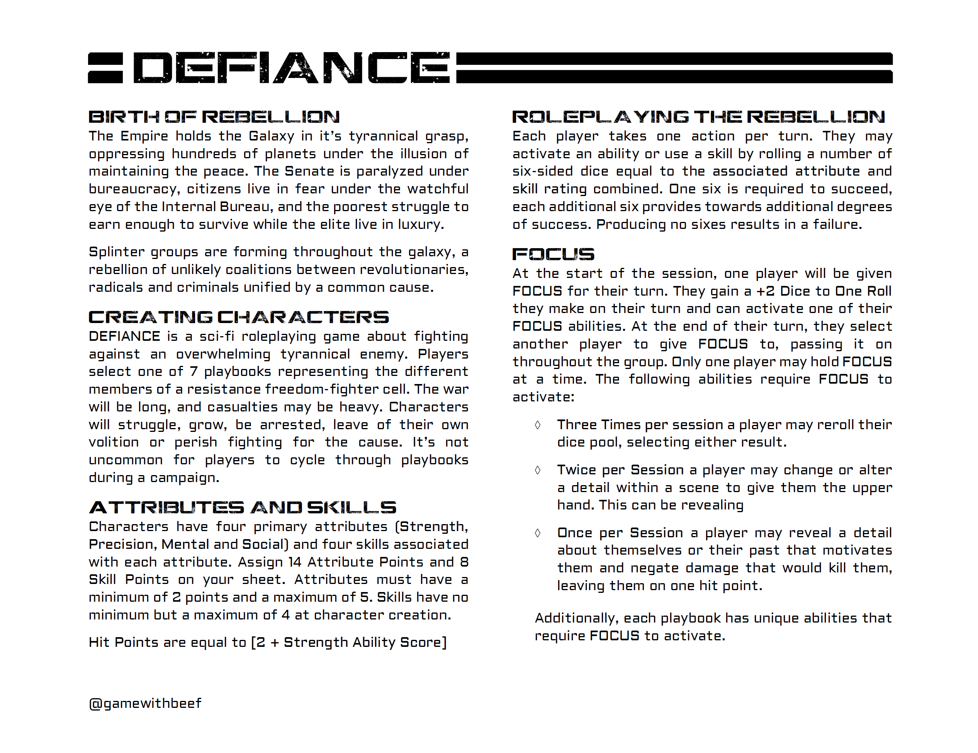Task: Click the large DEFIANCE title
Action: tap(291, 68)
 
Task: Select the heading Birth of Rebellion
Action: tap(214, 117)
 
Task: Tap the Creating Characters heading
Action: tap(239, 317)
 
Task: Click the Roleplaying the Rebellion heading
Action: tap(698, 117)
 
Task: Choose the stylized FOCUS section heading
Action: tap(553, 254)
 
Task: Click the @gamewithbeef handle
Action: tap(145, 703)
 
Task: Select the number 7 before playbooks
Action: tap(194, 371)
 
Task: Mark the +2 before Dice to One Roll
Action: tap(765, 291)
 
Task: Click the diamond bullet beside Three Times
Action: tap(537, 425)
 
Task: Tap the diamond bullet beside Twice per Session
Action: tap(537, 470)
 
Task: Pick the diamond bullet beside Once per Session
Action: tap(537, 533)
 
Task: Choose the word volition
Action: tap(114, 442)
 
